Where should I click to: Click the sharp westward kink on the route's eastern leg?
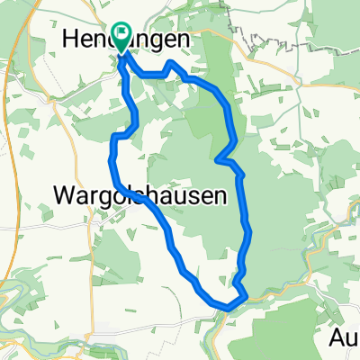219,160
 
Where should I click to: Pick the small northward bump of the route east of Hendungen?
171,65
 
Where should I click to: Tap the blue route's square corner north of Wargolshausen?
113,136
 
